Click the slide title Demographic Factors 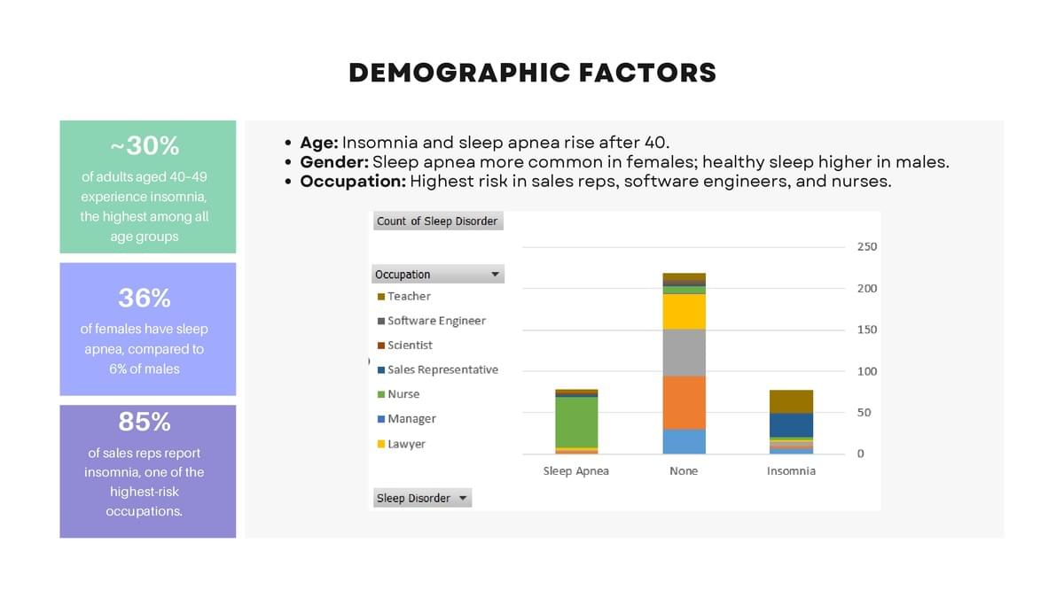click(x=532, y=73)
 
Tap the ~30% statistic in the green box click(x=145, y=145)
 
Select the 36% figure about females click(x=145, y=297)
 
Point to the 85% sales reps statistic click(x=145, y=422)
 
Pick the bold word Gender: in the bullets click(x=334, y=162)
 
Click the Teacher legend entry click(x=409, y=296)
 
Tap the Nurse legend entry click(x=403, y=394)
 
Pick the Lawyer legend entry click(x=406, y=444)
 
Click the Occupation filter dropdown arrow click(x=496, y=275)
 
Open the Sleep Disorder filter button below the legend click(x=422, y=498)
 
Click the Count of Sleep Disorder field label click(x=437, y=221)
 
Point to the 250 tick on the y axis click(x=866, y=246)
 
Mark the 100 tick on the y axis click(x=866, y=371)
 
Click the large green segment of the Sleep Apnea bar click(x=576, y=422)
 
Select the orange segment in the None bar click(x=684, y=403)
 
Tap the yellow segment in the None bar click(x=684, y=311)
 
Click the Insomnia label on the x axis click(x=791, y=471)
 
